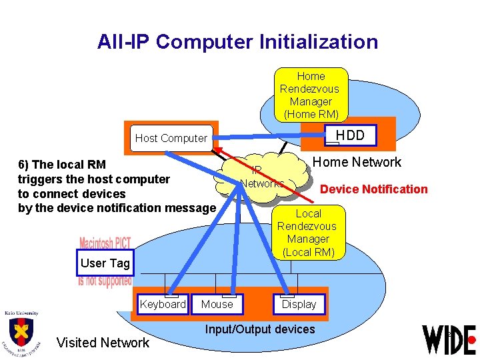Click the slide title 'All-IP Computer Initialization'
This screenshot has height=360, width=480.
[237, 42]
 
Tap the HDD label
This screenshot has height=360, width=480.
[350, 135]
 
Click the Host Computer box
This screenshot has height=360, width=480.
[171, 138]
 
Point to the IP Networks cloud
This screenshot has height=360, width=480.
[262, 177]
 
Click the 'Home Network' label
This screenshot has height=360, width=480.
[357, 162]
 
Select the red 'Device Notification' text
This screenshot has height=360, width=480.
[373, 189]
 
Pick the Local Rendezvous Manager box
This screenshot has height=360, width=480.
[308, 232]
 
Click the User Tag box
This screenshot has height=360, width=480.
[105, 263]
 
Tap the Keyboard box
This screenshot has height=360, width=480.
[163, 304]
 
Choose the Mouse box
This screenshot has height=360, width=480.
[217, 304]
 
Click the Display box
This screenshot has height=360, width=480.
[299, 304]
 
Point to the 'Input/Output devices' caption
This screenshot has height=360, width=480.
[260, 329]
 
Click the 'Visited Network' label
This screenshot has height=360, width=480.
[103, 343]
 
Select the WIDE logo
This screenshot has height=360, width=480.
[449, 339]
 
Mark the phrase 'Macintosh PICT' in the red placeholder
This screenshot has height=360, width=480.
[105, 243]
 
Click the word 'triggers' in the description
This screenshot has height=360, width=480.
[40, 179]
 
